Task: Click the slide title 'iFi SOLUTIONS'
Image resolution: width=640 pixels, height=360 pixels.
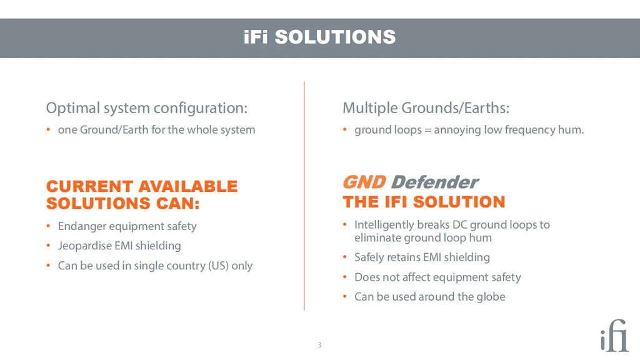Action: click(x=319, y=37)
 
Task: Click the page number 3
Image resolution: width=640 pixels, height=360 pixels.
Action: click(x=319, y=345)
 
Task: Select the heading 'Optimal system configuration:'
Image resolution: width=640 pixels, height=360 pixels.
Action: click(x=147, y=108)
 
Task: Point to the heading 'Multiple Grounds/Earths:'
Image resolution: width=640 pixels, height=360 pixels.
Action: click(x=426, y=108)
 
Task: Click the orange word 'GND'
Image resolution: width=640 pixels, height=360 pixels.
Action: click(x=364, y=182)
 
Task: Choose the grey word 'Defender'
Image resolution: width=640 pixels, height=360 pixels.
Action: click(x=434, y=182)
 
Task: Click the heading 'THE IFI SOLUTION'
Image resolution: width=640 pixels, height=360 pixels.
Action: click(x=424, y=202)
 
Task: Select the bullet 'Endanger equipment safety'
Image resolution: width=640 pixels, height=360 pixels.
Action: click(x=127, y=226)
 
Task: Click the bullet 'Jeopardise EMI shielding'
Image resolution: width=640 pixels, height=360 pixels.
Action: click(x=119, y=246)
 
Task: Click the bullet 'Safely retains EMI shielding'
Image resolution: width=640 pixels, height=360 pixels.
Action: click(x=422, y=257)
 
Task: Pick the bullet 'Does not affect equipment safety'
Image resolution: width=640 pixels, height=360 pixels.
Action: click(x=437, y=277)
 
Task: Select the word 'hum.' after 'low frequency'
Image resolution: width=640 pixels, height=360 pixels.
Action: click(x=571, y=130)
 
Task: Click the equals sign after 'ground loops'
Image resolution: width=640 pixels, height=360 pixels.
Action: click(x=427, y=131)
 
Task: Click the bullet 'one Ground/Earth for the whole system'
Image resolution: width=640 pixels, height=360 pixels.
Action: click(x=156, y=130)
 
